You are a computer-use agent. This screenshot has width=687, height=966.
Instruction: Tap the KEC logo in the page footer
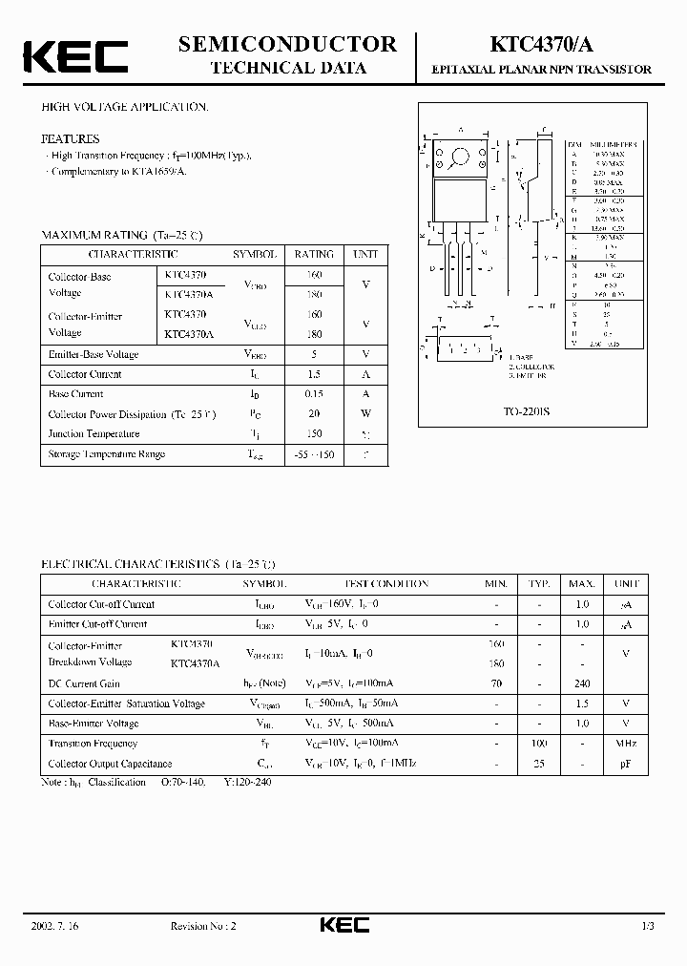point(343,925)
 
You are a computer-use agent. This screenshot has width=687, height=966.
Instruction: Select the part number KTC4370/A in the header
point(544,44)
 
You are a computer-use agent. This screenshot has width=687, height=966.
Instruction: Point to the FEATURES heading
point(70,138)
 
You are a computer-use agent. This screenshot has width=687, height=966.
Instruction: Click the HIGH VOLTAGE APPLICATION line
point(124,107)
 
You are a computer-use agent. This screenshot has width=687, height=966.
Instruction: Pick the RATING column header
point(314,255)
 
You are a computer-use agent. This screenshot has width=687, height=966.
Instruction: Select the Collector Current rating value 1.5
point(314,374)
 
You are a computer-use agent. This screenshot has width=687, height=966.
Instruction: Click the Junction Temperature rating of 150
point(314,433)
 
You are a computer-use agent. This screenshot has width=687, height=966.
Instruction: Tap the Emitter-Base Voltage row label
point(94,354)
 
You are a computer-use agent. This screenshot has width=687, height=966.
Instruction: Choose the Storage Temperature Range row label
point(107,453)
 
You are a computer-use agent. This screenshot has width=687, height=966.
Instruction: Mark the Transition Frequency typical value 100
point(540,743)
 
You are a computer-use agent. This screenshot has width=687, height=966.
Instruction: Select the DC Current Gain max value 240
point(582,683)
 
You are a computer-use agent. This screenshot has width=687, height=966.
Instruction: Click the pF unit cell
point(626,764)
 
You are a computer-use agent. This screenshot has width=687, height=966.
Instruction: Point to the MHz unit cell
point(626,743)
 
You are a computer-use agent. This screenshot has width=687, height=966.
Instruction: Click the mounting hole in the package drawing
point(461,156)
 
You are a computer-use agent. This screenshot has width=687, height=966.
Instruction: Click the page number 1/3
point(647,926)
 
